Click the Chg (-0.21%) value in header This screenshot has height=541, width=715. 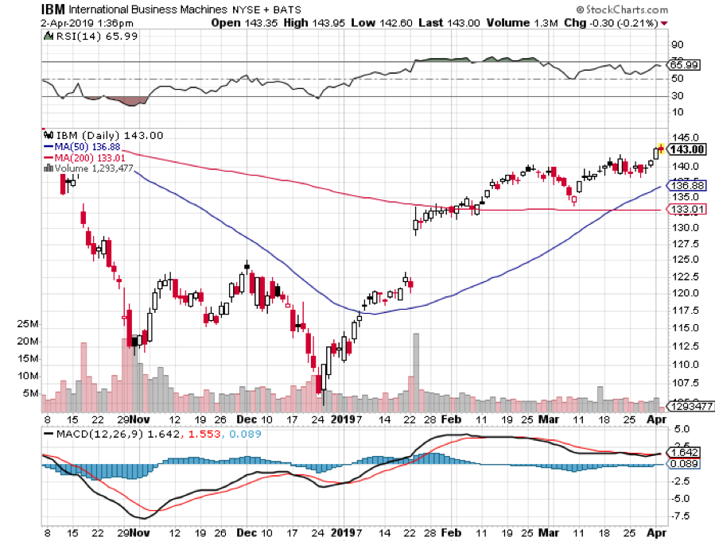(x=628, y=23)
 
